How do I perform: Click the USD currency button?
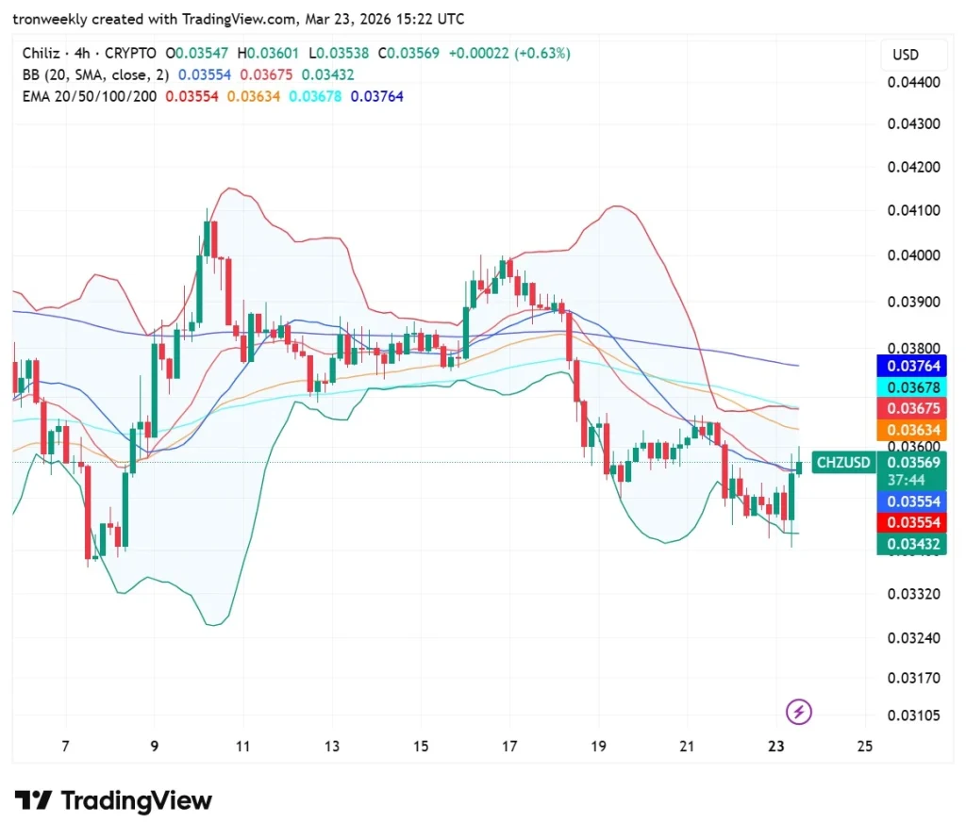coord(905,55)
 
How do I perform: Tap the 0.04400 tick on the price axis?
coord(914,82)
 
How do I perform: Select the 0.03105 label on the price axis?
coord(914,715)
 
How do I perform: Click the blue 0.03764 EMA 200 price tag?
coord(910,366)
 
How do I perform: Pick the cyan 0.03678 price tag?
coord(910,387)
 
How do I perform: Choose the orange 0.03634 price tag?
coord(910,430)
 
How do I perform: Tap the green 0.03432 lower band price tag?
coord(910,544)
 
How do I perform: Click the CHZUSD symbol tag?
coord(843,463)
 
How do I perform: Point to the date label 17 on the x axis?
coord(510,747)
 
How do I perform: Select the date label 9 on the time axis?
coord(155,747)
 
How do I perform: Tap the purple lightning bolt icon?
coord(799,712)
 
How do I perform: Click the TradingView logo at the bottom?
coord(113,801)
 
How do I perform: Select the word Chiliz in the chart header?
coord(42,54)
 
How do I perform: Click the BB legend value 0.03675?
coord(263,74)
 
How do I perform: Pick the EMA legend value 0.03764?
coord(376,96)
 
